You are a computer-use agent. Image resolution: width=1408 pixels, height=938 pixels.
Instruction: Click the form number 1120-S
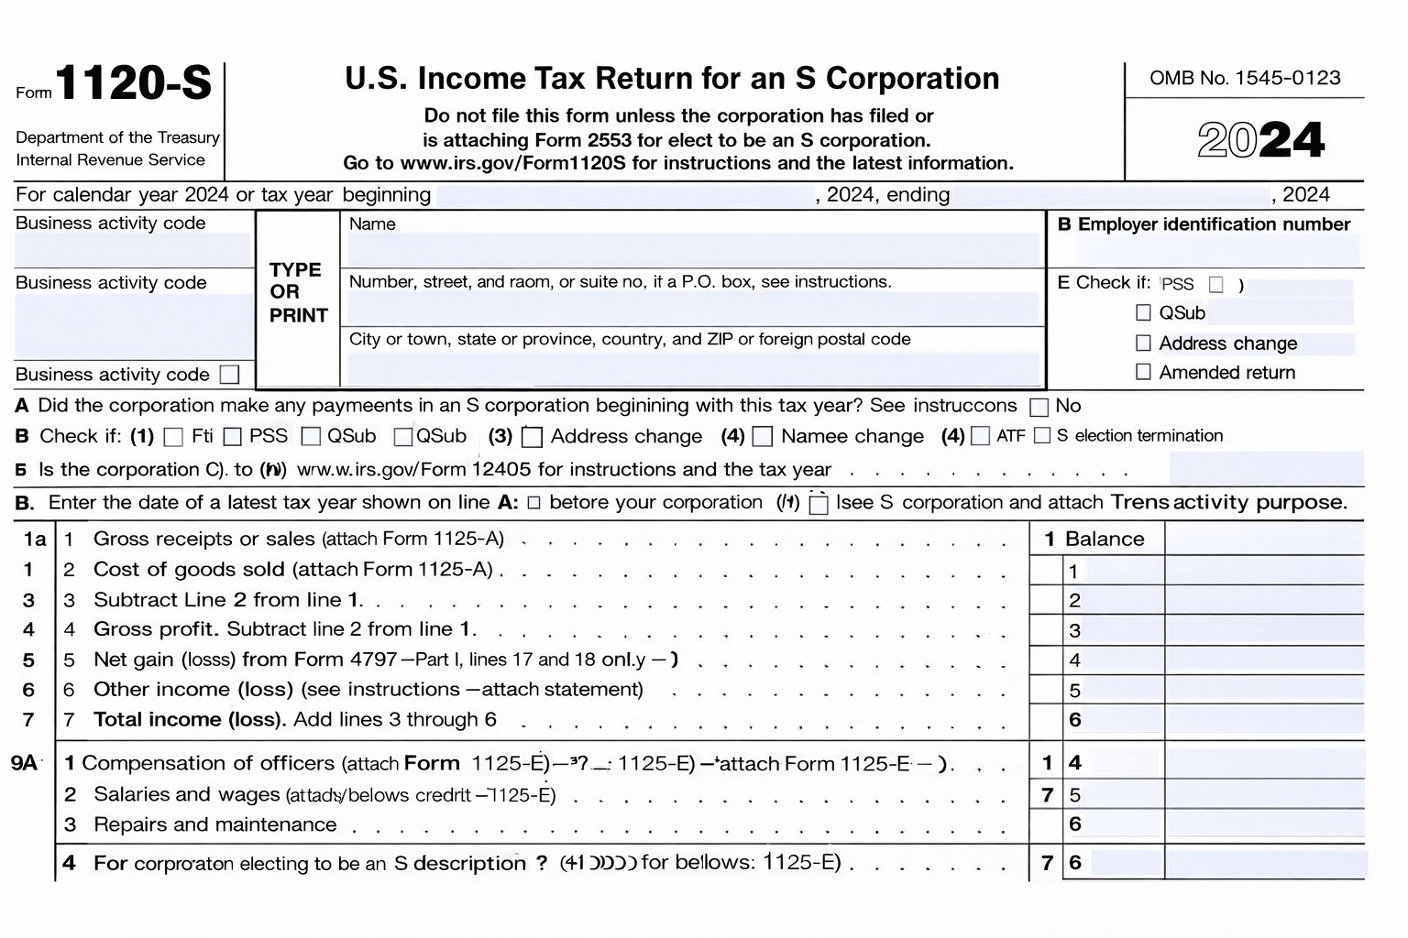point(133,83)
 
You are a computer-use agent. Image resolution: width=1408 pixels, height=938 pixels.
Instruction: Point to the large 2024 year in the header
point(1260,140)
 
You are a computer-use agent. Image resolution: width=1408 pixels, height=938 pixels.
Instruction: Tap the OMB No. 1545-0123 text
point(1245,78)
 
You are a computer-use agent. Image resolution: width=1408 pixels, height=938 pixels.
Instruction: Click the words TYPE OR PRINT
point(298,292)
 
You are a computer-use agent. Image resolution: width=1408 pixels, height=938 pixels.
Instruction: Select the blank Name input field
point(693,250)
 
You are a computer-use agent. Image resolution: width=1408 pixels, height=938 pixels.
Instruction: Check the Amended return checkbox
point(1143,372)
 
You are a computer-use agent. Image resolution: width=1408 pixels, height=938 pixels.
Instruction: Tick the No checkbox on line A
point(1039,407)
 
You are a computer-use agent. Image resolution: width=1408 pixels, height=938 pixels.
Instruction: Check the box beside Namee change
point(763,437)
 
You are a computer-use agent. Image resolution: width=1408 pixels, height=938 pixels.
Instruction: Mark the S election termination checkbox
point(1041,436)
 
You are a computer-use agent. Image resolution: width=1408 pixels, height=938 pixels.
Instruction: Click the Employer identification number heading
point(1204,224)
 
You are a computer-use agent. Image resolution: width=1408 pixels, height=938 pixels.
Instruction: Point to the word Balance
point(1105,539)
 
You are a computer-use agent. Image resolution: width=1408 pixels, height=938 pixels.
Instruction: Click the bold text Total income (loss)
point(191,719)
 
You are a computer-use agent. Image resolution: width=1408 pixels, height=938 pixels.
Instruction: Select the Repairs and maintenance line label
point(214,824)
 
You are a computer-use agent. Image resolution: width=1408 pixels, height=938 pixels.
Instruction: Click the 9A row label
point(25,762)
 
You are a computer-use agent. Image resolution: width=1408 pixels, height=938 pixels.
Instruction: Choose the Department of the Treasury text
point(117,137)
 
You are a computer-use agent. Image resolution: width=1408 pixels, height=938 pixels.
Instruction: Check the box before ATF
point(980,436)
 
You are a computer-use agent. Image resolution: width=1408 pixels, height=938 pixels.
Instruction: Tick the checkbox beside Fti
point(173,437)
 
